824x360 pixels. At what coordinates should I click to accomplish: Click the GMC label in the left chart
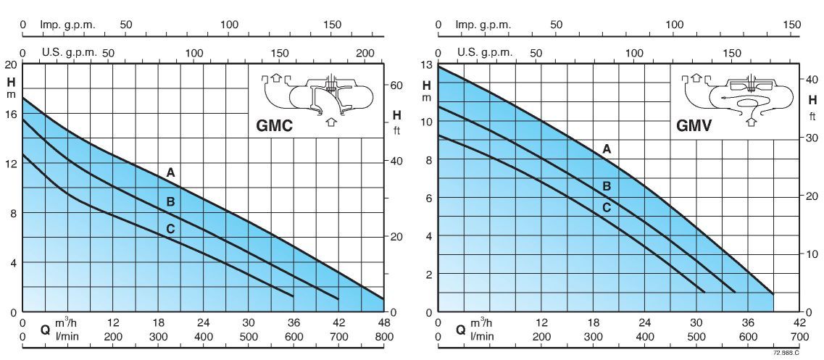(274, 125)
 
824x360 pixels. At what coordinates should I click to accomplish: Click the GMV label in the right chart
(694, 125)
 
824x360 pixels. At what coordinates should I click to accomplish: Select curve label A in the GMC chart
(170, 172)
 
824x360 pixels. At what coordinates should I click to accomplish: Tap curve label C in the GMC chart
(170, 230)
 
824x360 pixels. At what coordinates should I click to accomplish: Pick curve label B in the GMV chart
(607, 186)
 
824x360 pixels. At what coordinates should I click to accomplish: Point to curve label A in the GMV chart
(607, 148)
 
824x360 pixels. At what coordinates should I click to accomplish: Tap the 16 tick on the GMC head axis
(12, 114)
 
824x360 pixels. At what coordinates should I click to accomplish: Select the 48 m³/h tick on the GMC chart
(383, 323)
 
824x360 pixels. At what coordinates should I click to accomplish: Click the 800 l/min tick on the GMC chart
(383, 337)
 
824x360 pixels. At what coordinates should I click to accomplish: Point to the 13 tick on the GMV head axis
(428, 65)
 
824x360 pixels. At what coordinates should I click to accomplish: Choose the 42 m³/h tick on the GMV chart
(799, 323)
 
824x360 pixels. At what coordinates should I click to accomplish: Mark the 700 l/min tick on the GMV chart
(799, 337)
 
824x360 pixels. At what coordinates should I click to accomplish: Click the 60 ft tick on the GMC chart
(396, 85)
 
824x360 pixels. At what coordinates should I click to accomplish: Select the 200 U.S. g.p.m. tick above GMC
(367, 53)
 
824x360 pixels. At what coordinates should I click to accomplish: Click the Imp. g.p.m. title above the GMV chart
(483, 25)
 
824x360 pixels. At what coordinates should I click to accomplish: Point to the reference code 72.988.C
(786, 353)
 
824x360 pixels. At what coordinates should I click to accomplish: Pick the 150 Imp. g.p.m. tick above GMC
(333, 25)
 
